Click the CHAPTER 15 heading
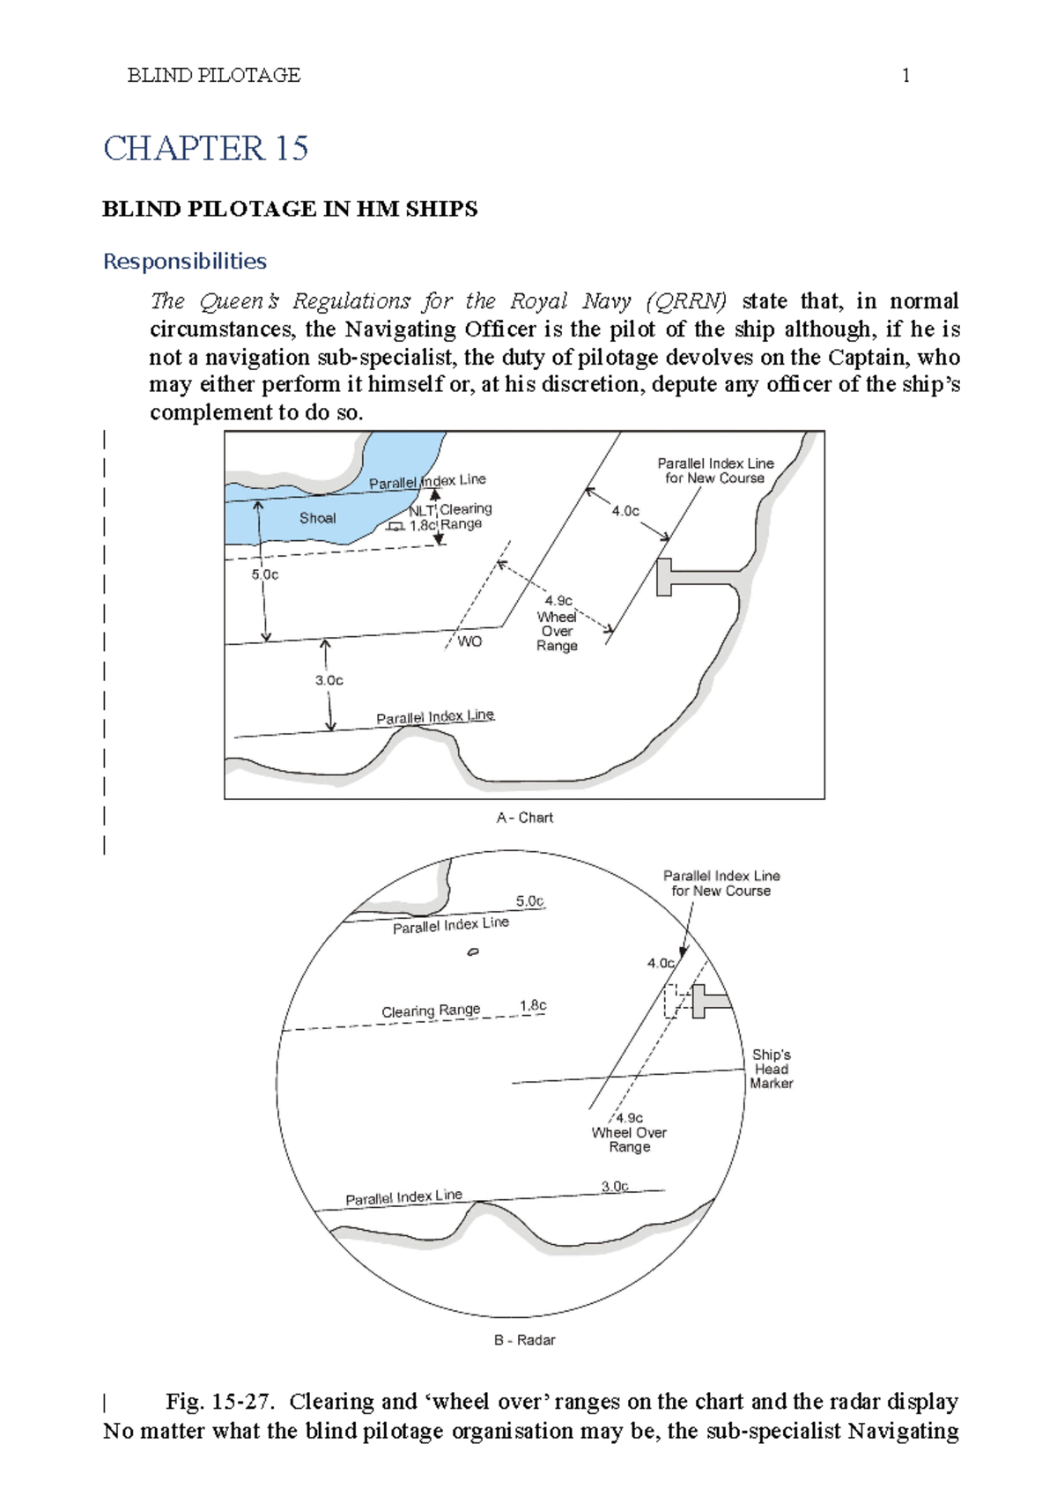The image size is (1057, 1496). click(x=205, y=148)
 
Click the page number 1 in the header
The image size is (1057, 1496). click(x=905, y=76)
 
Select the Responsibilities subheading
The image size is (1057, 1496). click(x=184, y=261)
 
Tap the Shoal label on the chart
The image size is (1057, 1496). click(x=317, y=518)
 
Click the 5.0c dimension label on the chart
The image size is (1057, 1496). click(x=264, y=574)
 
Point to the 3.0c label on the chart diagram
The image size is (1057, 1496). click(x=329, y=680)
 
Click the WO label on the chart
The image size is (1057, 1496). click(x=469, y=641)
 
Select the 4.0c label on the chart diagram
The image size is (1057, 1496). click(x=625, y=511)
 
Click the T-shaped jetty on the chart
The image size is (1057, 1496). click(x=678, y=577)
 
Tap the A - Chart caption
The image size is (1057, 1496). click(x=524, y=818)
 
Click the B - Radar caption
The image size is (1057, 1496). click(x=524, y=1340)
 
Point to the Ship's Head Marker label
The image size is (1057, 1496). click(x=771, y=1069)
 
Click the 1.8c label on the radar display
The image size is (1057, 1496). click(x=533, y=1005)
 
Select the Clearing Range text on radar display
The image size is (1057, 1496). click(x=431, y=1011)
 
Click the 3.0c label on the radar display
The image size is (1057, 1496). click(x=615, y=1186)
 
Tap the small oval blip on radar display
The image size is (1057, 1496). click(x=473, y=952)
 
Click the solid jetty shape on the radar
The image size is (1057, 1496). click(x=705, y=1002)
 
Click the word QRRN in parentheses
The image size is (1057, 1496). click(x=686, y=301)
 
